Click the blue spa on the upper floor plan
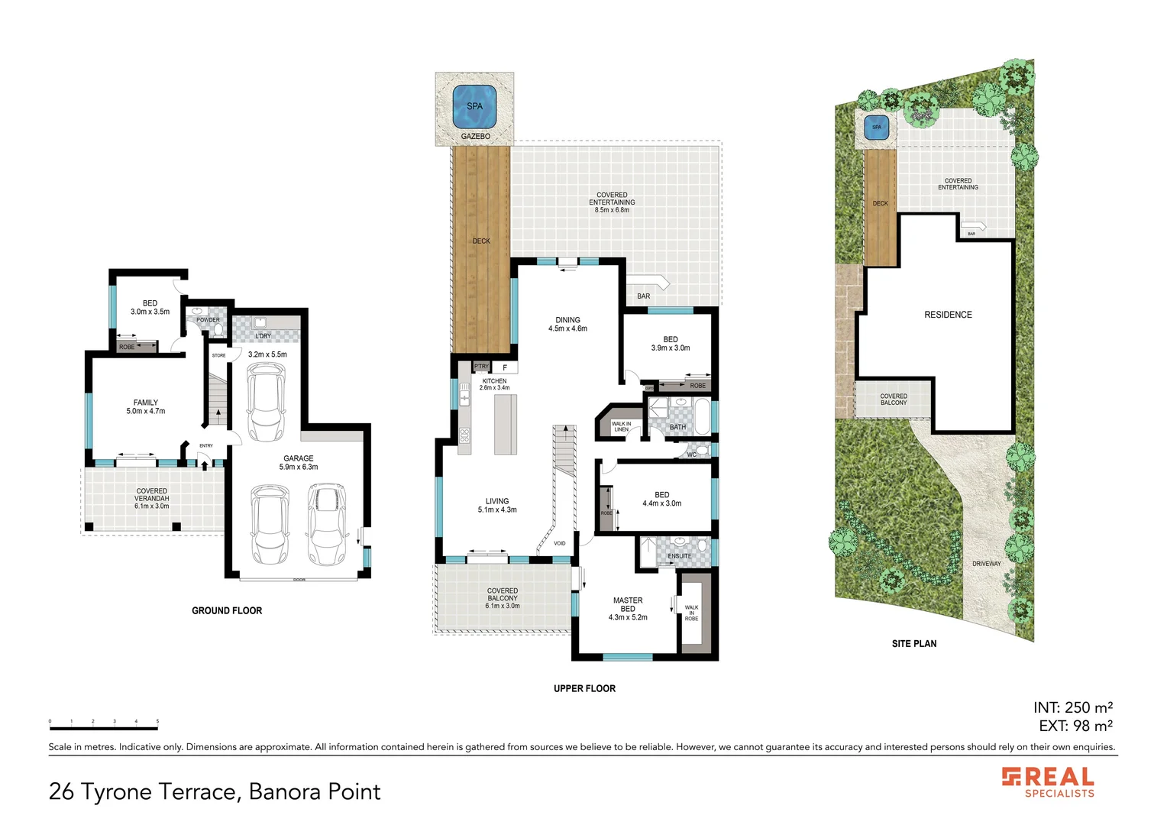click(474, 106)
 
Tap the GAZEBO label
click(475, 137)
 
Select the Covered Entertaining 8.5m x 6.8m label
click(612, 202)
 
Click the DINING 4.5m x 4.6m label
click(567, 325)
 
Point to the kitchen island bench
click(505, 424)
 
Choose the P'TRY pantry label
click(481, 367)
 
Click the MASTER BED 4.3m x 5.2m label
click(628, 609)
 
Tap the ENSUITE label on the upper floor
click(679, 556)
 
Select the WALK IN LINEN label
click(622, 427)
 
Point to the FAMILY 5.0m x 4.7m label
click(145, 407)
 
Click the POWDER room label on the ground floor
click(208, 320)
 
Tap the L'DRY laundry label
click(263, 336)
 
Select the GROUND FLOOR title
click(227, 611)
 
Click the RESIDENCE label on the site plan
click(948, 315)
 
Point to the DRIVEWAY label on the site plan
click(986, 564)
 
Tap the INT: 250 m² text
click(1072, 707)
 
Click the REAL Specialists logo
click(1048, 782)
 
